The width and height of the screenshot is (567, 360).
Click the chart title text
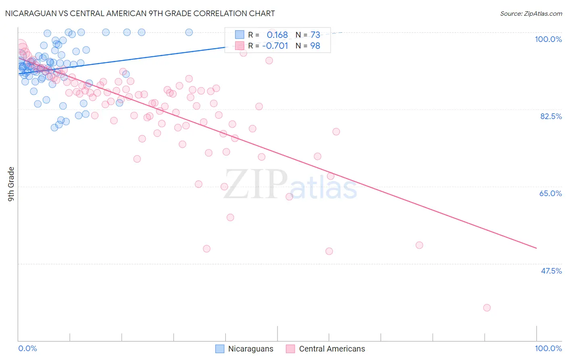tap(140, 13)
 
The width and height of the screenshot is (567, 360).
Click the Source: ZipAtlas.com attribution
tap(531, 13)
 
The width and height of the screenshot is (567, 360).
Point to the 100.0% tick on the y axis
tap(548, 39)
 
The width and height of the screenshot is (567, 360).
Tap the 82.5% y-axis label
tap(551, 116)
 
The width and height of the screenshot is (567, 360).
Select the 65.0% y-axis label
tap(550, 193)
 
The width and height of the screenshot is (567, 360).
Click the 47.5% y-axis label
tap(551, 271)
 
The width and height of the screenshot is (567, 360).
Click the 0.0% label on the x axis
tap(27, 348)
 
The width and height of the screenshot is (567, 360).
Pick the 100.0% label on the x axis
tap(548, 348)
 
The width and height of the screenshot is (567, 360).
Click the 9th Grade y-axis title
tap(11, 184)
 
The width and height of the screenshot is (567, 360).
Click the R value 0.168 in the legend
tap(277, 35)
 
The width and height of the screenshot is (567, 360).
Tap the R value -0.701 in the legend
tap(275, 46)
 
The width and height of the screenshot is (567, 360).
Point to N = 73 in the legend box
tap(308, 35)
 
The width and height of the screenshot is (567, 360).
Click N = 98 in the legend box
tap(308, 46)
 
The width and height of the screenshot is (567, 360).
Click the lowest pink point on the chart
tap(487, 308)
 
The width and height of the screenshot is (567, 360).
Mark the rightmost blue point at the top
tap(189, 32)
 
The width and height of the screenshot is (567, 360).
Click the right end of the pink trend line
tap(536, 248)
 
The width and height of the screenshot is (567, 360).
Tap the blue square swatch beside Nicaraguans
tap(220, 349)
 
